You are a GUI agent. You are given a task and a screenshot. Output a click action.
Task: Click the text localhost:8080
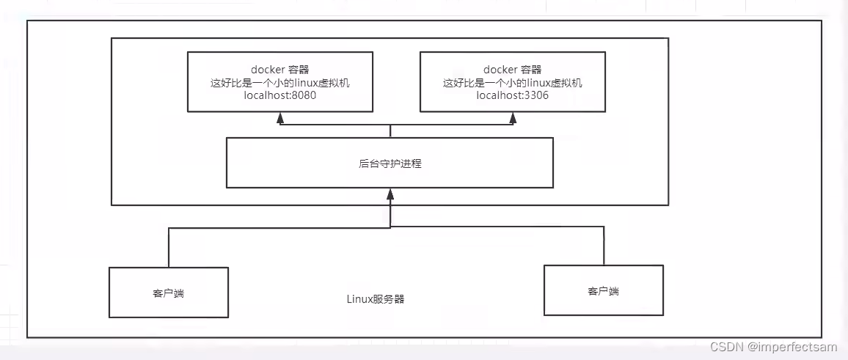[x=279, y=96]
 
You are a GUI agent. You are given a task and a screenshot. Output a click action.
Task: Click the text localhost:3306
[x=512, y=96]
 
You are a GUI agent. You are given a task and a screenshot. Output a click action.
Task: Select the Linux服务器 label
[x=376, y=300]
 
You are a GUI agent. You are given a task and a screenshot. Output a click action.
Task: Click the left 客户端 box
[x=169, y=293]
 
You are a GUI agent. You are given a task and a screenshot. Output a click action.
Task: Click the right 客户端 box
[x=603, y=290]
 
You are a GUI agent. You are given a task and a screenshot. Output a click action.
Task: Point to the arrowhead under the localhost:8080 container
[x=280, y=117]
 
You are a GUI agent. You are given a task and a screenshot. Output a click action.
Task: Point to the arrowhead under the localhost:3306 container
[x=513, y=117]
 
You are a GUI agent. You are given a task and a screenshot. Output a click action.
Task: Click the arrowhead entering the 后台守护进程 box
[x=390, y=194]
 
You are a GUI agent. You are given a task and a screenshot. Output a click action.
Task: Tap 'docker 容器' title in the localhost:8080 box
[x=279, y=70]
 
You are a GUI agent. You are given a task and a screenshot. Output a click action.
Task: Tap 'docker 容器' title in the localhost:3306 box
[x=512, y=70]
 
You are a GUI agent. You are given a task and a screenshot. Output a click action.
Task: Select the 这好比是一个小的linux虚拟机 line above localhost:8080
[x=279, y=83]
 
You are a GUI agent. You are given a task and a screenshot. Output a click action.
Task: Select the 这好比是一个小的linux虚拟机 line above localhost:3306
[x=512, y=83]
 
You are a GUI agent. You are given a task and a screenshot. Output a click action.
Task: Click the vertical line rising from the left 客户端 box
[x=169, y=248]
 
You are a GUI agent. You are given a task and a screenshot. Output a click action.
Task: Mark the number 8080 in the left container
[x=303, y=96]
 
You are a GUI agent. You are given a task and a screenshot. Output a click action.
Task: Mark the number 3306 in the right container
[x=536, y=96]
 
